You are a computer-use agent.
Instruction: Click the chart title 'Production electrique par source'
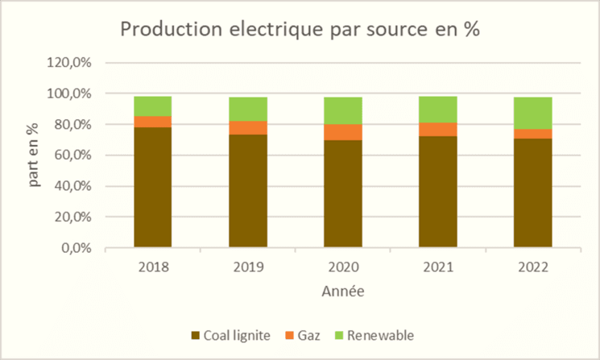coord(300,30)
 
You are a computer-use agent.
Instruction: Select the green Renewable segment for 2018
coord(153,106)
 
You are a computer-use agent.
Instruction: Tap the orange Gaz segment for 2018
coord(153,122)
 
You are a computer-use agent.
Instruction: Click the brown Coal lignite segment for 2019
coord(248,191)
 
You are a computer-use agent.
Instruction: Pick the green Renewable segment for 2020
coord(343,110)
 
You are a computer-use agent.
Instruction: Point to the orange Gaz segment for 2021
coord(438,130)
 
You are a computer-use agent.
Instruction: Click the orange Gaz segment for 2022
coord(533,134)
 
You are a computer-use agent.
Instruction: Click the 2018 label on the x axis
coord(153,267)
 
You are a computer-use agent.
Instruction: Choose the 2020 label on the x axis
coord(343,267)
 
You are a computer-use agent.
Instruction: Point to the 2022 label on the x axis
coord(533,267)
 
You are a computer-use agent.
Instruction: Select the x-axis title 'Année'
coord(343,290)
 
